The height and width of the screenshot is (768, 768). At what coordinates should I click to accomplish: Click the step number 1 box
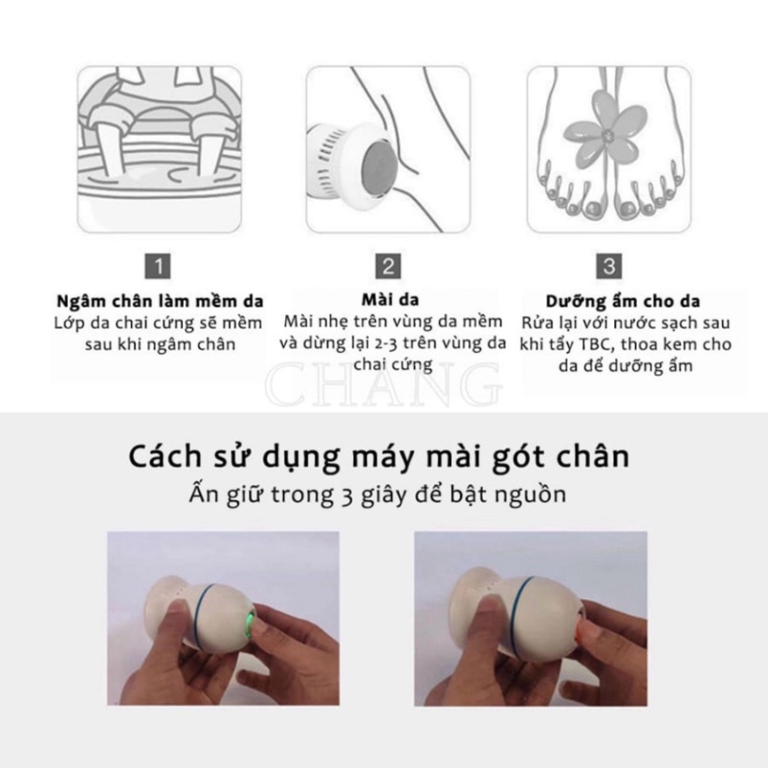[161, 267]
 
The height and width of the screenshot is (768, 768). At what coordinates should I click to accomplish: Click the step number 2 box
[388, 267]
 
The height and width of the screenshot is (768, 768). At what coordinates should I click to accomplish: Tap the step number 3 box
[609, 267]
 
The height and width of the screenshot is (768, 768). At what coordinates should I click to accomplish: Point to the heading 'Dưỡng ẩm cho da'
[623, 301]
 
